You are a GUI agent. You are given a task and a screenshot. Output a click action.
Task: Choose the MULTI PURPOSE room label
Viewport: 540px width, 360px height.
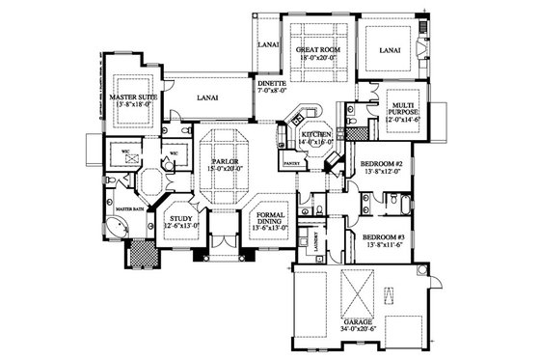403,108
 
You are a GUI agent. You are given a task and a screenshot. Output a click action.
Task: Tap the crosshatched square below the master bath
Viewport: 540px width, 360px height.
143,252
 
